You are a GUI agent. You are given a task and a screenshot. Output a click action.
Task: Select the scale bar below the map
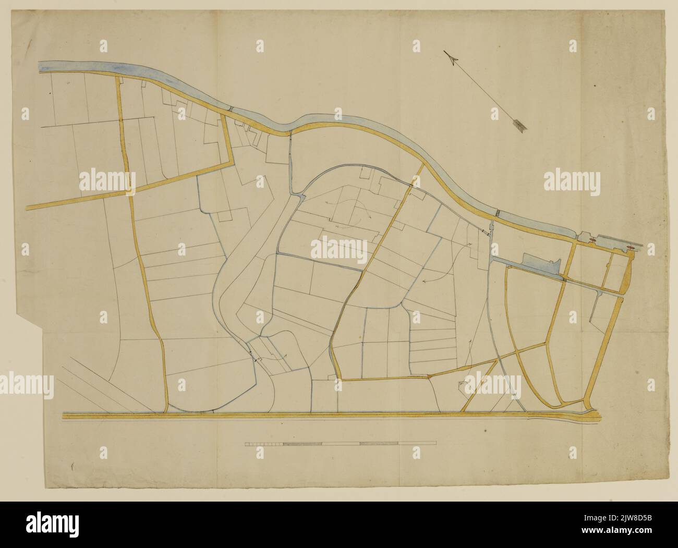tap(341, 444)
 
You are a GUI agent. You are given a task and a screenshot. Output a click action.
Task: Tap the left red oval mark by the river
tap(593, 239)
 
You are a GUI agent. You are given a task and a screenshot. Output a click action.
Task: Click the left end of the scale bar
tap(245, 444)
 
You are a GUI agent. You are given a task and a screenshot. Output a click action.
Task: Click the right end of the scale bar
tap(437, 444)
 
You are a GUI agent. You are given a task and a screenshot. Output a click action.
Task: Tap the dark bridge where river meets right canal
tap(498, 213)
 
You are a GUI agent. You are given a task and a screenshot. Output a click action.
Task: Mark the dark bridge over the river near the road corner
tap(230, 108)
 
